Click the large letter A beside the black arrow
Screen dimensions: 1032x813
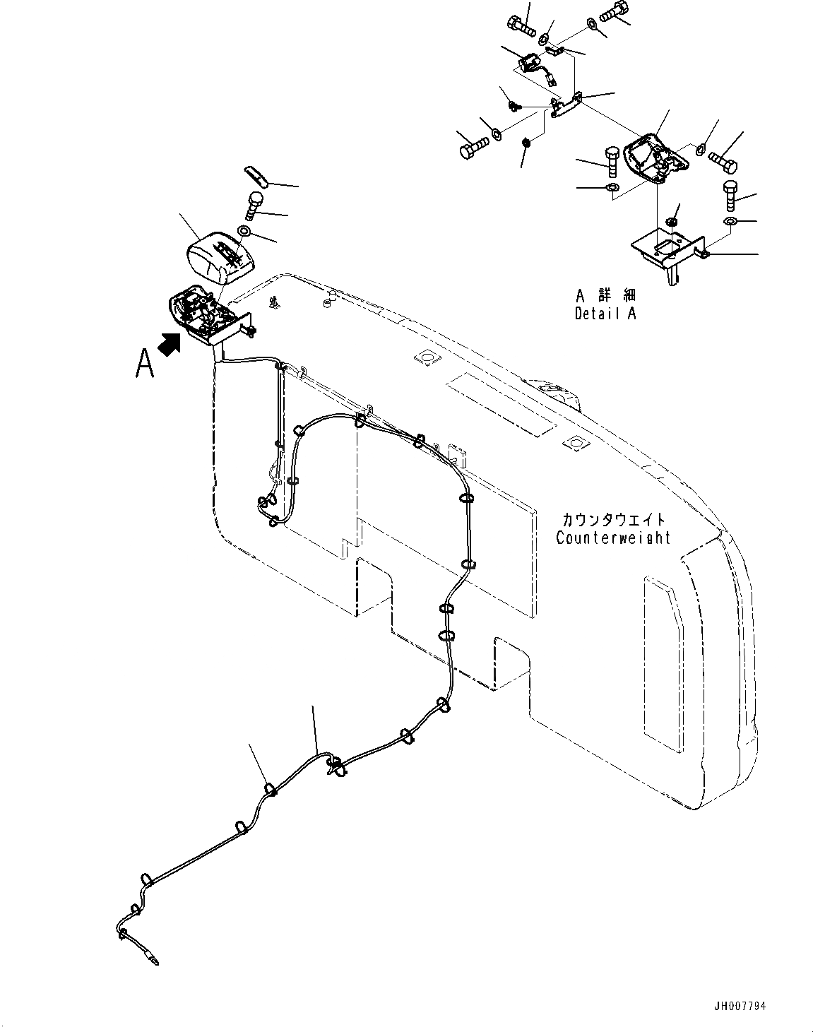[145, 364]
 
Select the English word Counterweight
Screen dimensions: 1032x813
[612, 538]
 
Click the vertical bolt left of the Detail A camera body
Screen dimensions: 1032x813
[612, 162]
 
